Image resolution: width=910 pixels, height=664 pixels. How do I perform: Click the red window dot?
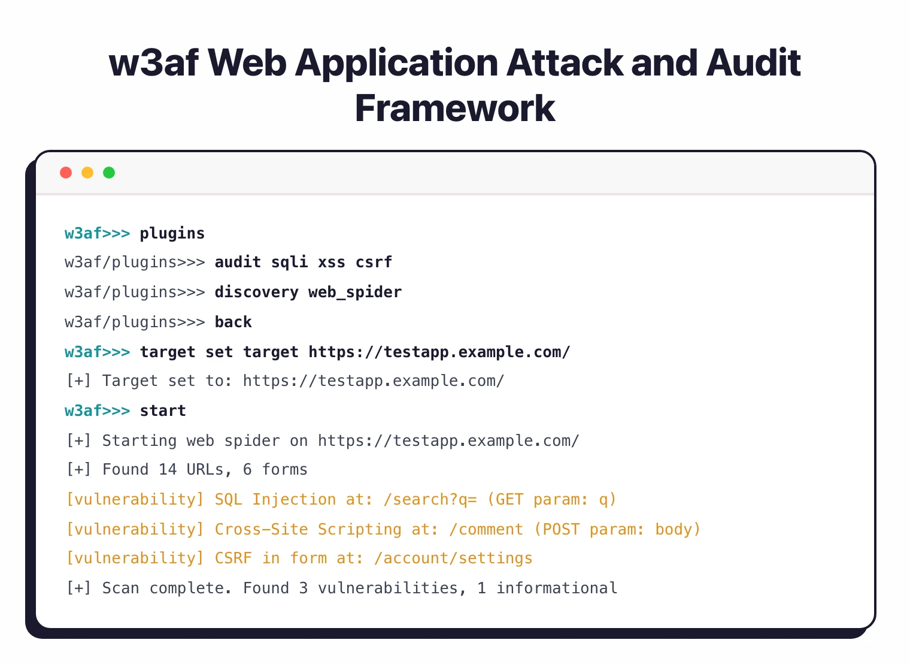point(66,173)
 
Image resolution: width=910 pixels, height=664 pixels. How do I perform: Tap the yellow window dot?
point(87,173)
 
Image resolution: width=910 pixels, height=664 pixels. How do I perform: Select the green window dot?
point(109,173)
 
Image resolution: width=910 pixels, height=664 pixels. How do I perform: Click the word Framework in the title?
point(455,108)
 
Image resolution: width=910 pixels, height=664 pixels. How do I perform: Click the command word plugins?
point(172,233)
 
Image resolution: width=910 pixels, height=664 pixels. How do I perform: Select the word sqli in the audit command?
point(290,262)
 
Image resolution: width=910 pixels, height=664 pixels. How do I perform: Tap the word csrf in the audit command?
point(374,262)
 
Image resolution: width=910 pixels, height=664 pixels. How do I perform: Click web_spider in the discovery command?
point(355,292)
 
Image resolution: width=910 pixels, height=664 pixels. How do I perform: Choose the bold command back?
point(233,322)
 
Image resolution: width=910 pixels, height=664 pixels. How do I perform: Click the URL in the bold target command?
point(439,352)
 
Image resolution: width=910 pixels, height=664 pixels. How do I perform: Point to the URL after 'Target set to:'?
point(374,381)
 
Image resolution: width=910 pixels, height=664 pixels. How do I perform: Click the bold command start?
point(163,411)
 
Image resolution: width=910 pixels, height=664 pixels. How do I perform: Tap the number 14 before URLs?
point(168,470)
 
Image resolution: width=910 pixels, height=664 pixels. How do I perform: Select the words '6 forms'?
point(275,470)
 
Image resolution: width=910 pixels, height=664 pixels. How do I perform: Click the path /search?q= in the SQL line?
point(430,500)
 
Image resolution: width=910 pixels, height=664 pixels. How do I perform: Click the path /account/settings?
point(453,559)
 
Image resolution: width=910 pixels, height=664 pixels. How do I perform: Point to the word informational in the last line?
point(557,588)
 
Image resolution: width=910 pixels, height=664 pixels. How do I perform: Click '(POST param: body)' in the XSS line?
point(617,530)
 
